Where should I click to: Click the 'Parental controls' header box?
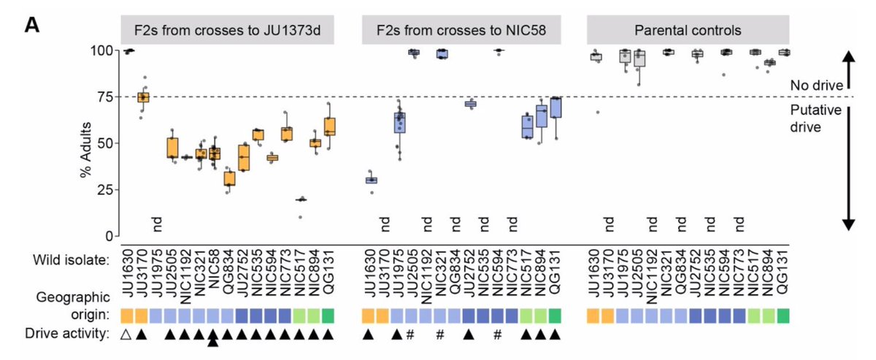(x=689, y=31)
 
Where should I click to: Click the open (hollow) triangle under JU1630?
(x=128, y=334)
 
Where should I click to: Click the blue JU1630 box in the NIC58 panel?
(x=371, y=180)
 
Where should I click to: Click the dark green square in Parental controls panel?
(x=784, y=315)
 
